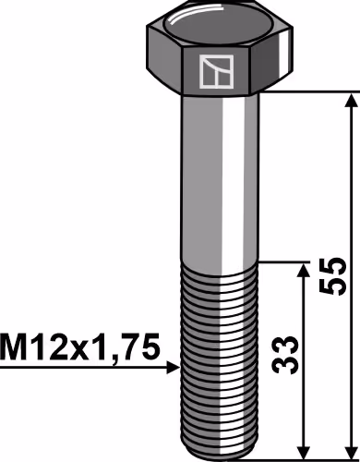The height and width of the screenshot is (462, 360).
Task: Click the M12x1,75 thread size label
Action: click(x=80, y=347)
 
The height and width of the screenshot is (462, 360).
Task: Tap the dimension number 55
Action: click(x=333, y=275)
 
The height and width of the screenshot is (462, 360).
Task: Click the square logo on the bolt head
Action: click(x=216, y=71)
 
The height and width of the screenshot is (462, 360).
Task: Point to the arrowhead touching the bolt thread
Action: click(x=173, y=368)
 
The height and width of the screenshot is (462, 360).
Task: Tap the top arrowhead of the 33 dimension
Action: click(x=304, y=271)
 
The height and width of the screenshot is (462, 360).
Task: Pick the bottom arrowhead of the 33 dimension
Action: click(x=304, y=451)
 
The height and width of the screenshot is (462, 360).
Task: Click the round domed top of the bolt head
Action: click(x=219, y=27)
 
